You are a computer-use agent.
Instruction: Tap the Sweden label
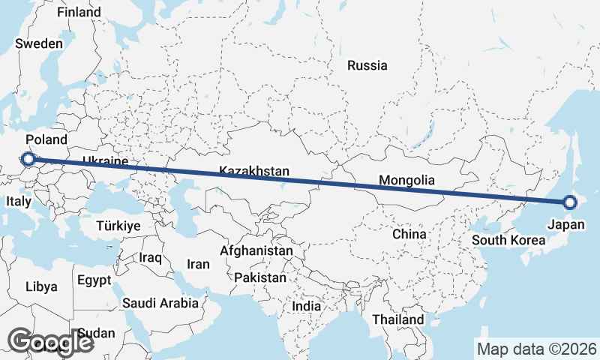[x=38, y=43]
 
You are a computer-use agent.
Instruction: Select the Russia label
[x=367, y=65]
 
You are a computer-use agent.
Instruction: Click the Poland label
[x=46, y=140]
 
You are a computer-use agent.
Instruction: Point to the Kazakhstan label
[x=254, y=172]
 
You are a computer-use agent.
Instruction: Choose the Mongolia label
[x=406, y=180]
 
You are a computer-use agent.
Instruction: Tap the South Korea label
[x=508, y=241]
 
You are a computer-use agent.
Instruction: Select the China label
[x=409, y=234]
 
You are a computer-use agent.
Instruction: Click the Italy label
[x=18, y=202]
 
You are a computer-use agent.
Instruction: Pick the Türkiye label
[x=118, y=226]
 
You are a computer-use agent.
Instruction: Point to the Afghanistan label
[x=256, y=250]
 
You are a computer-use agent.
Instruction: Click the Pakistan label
[x=260, y=277]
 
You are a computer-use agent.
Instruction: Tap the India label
[x=306, y=306]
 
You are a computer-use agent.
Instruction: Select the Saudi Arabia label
[x=161, y=304]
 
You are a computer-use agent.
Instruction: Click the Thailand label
[x=398, y=319]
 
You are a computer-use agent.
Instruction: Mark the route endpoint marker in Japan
[x=569, y=202]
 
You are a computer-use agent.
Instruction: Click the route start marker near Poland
[x=28, y=158]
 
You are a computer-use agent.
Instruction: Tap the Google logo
[x=50, y=342]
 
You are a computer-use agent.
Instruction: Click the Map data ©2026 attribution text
[x=537, y=349]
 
